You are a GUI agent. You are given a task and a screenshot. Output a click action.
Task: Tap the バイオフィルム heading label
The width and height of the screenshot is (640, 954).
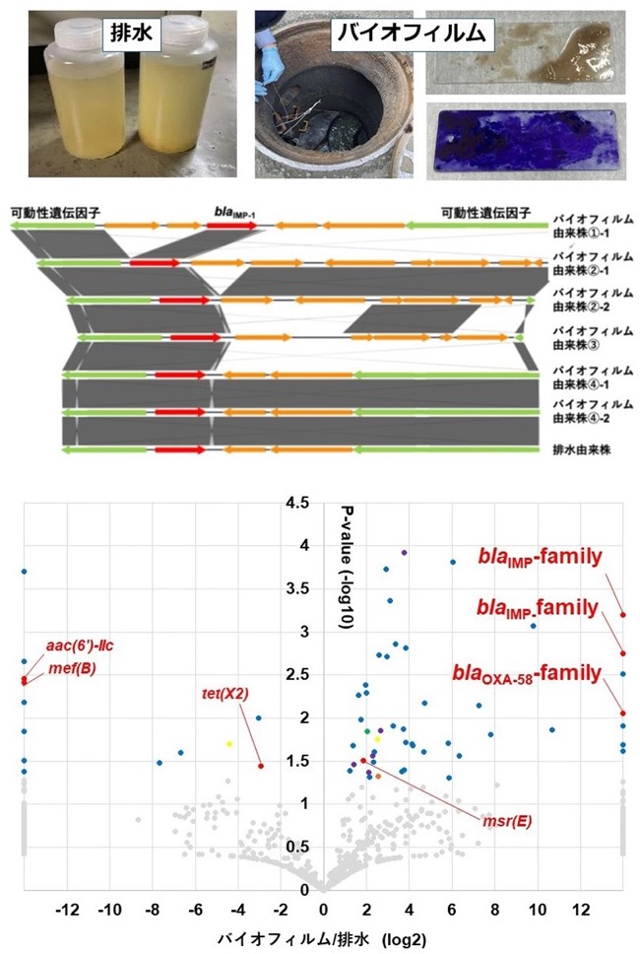[x=412, y=33]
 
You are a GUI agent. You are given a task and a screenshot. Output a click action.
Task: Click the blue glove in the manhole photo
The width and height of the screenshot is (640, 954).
[x=272, y=67]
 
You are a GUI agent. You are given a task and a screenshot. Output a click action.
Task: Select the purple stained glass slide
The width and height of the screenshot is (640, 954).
[x=527, y=141]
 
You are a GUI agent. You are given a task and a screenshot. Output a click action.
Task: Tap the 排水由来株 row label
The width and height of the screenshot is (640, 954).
[x=581, y=450]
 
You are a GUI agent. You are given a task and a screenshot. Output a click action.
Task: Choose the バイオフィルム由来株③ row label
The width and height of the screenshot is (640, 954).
[x=592, y=338]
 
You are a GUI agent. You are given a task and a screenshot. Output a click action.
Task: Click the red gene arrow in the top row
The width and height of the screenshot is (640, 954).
[x=232, y=226]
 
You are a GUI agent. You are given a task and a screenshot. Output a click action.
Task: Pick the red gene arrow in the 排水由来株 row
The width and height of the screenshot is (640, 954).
[x=180, y=449]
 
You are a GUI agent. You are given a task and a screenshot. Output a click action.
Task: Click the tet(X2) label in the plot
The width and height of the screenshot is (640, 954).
[x=224, y=693]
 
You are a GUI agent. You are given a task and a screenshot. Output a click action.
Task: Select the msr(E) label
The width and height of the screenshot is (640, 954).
[x=507, y=821]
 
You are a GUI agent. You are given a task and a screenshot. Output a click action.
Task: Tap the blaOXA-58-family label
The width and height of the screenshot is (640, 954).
[x=527, y=674]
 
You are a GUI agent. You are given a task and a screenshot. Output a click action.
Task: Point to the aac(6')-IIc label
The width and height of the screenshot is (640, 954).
[x=80, y=646]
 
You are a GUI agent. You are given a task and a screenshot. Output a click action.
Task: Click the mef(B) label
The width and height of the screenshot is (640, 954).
[x=72, y=668]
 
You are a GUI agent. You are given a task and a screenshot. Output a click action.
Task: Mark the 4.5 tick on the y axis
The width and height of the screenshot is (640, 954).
[x=297, y=503]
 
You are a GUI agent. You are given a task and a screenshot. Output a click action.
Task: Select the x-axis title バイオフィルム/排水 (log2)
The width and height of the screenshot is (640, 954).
[x=322, y=939]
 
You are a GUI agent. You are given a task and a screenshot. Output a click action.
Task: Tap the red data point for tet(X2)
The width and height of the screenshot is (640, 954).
[x=261, y=766]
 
